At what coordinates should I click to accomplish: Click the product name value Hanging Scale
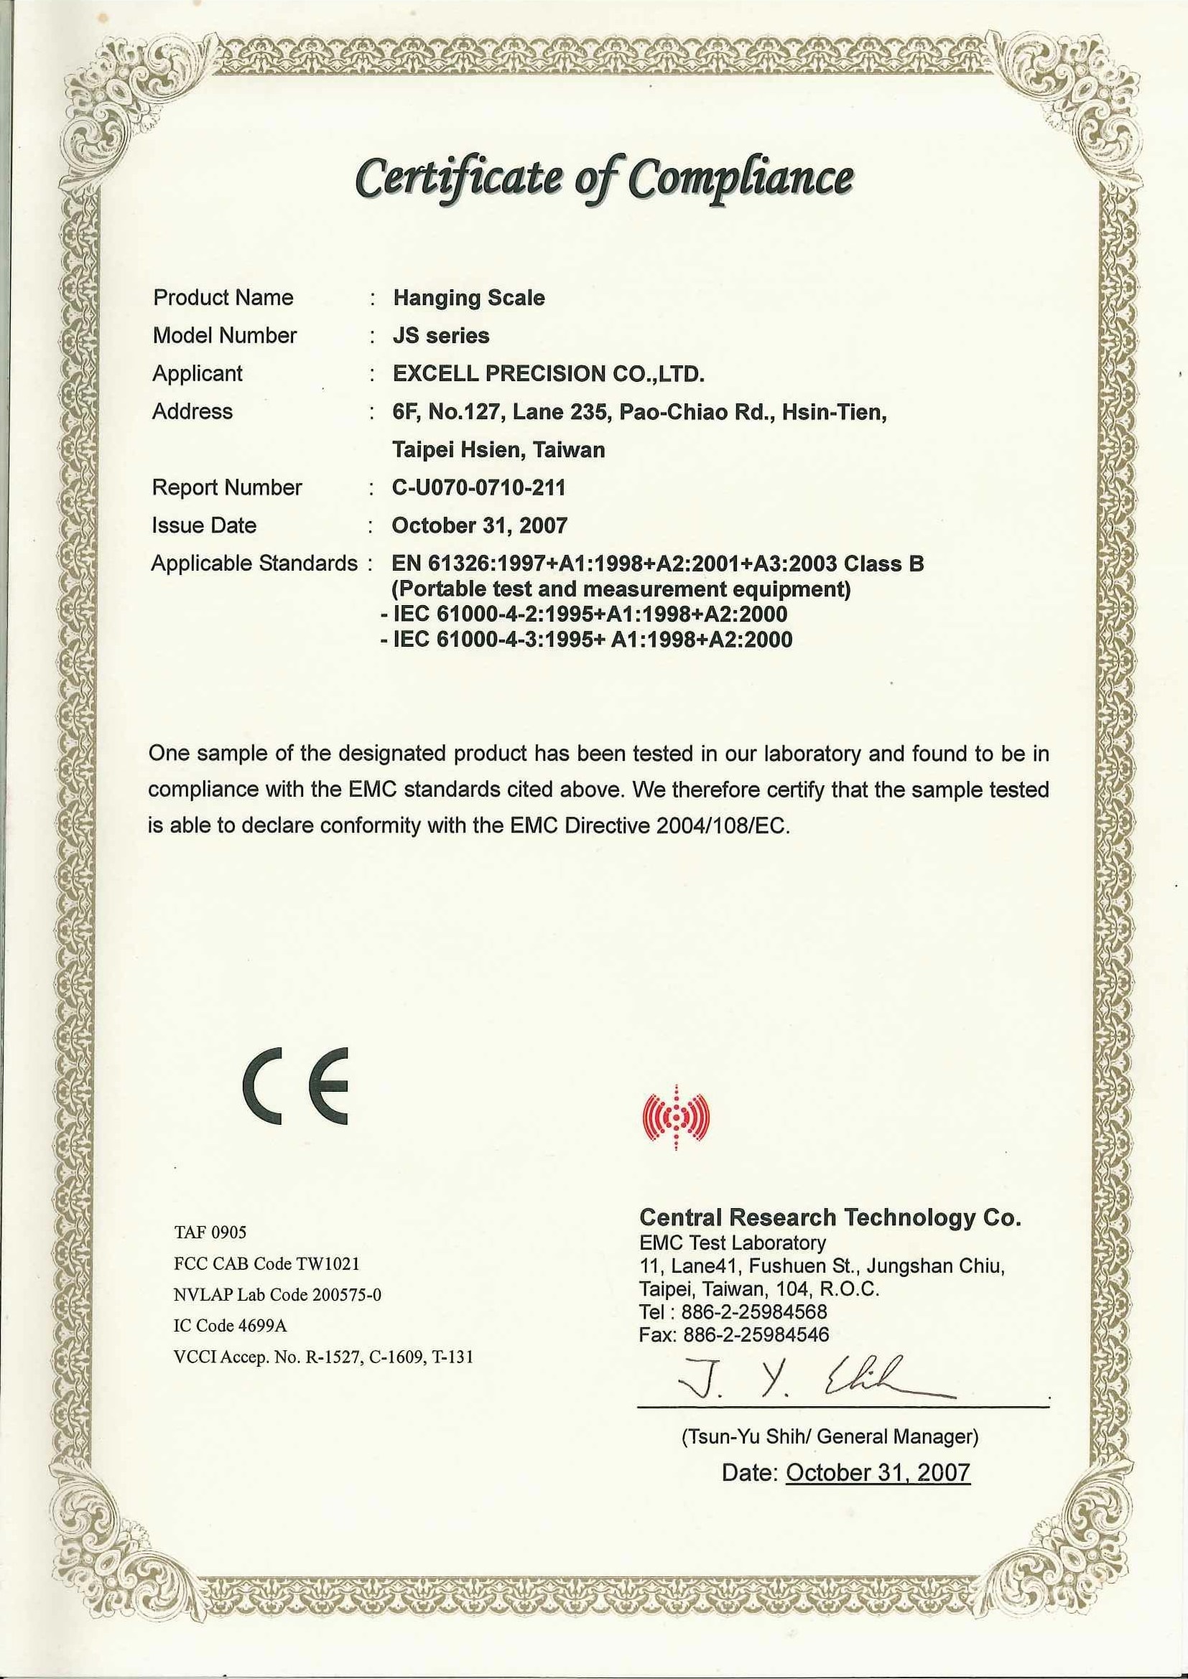[469, 299]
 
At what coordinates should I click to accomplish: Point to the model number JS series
[441, 336]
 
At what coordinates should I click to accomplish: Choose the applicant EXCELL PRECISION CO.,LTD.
[549, 374]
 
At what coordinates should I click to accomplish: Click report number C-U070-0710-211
[479, 487]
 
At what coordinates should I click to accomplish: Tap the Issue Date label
[204, 525]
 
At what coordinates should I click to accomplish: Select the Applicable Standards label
[254, 563]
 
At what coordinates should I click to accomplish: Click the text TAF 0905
[210, 1233]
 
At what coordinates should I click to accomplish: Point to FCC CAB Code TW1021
[266, 1263]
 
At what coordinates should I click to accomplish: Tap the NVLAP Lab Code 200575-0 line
[277, 1295]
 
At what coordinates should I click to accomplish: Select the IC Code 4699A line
[230, 1326]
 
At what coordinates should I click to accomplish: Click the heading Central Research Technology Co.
[830, 1217]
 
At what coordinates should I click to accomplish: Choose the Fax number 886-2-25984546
[734, 1334]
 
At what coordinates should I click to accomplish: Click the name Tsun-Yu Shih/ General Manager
[830, 1437]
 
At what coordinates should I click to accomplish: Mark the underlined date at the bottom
[877, 1472]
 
